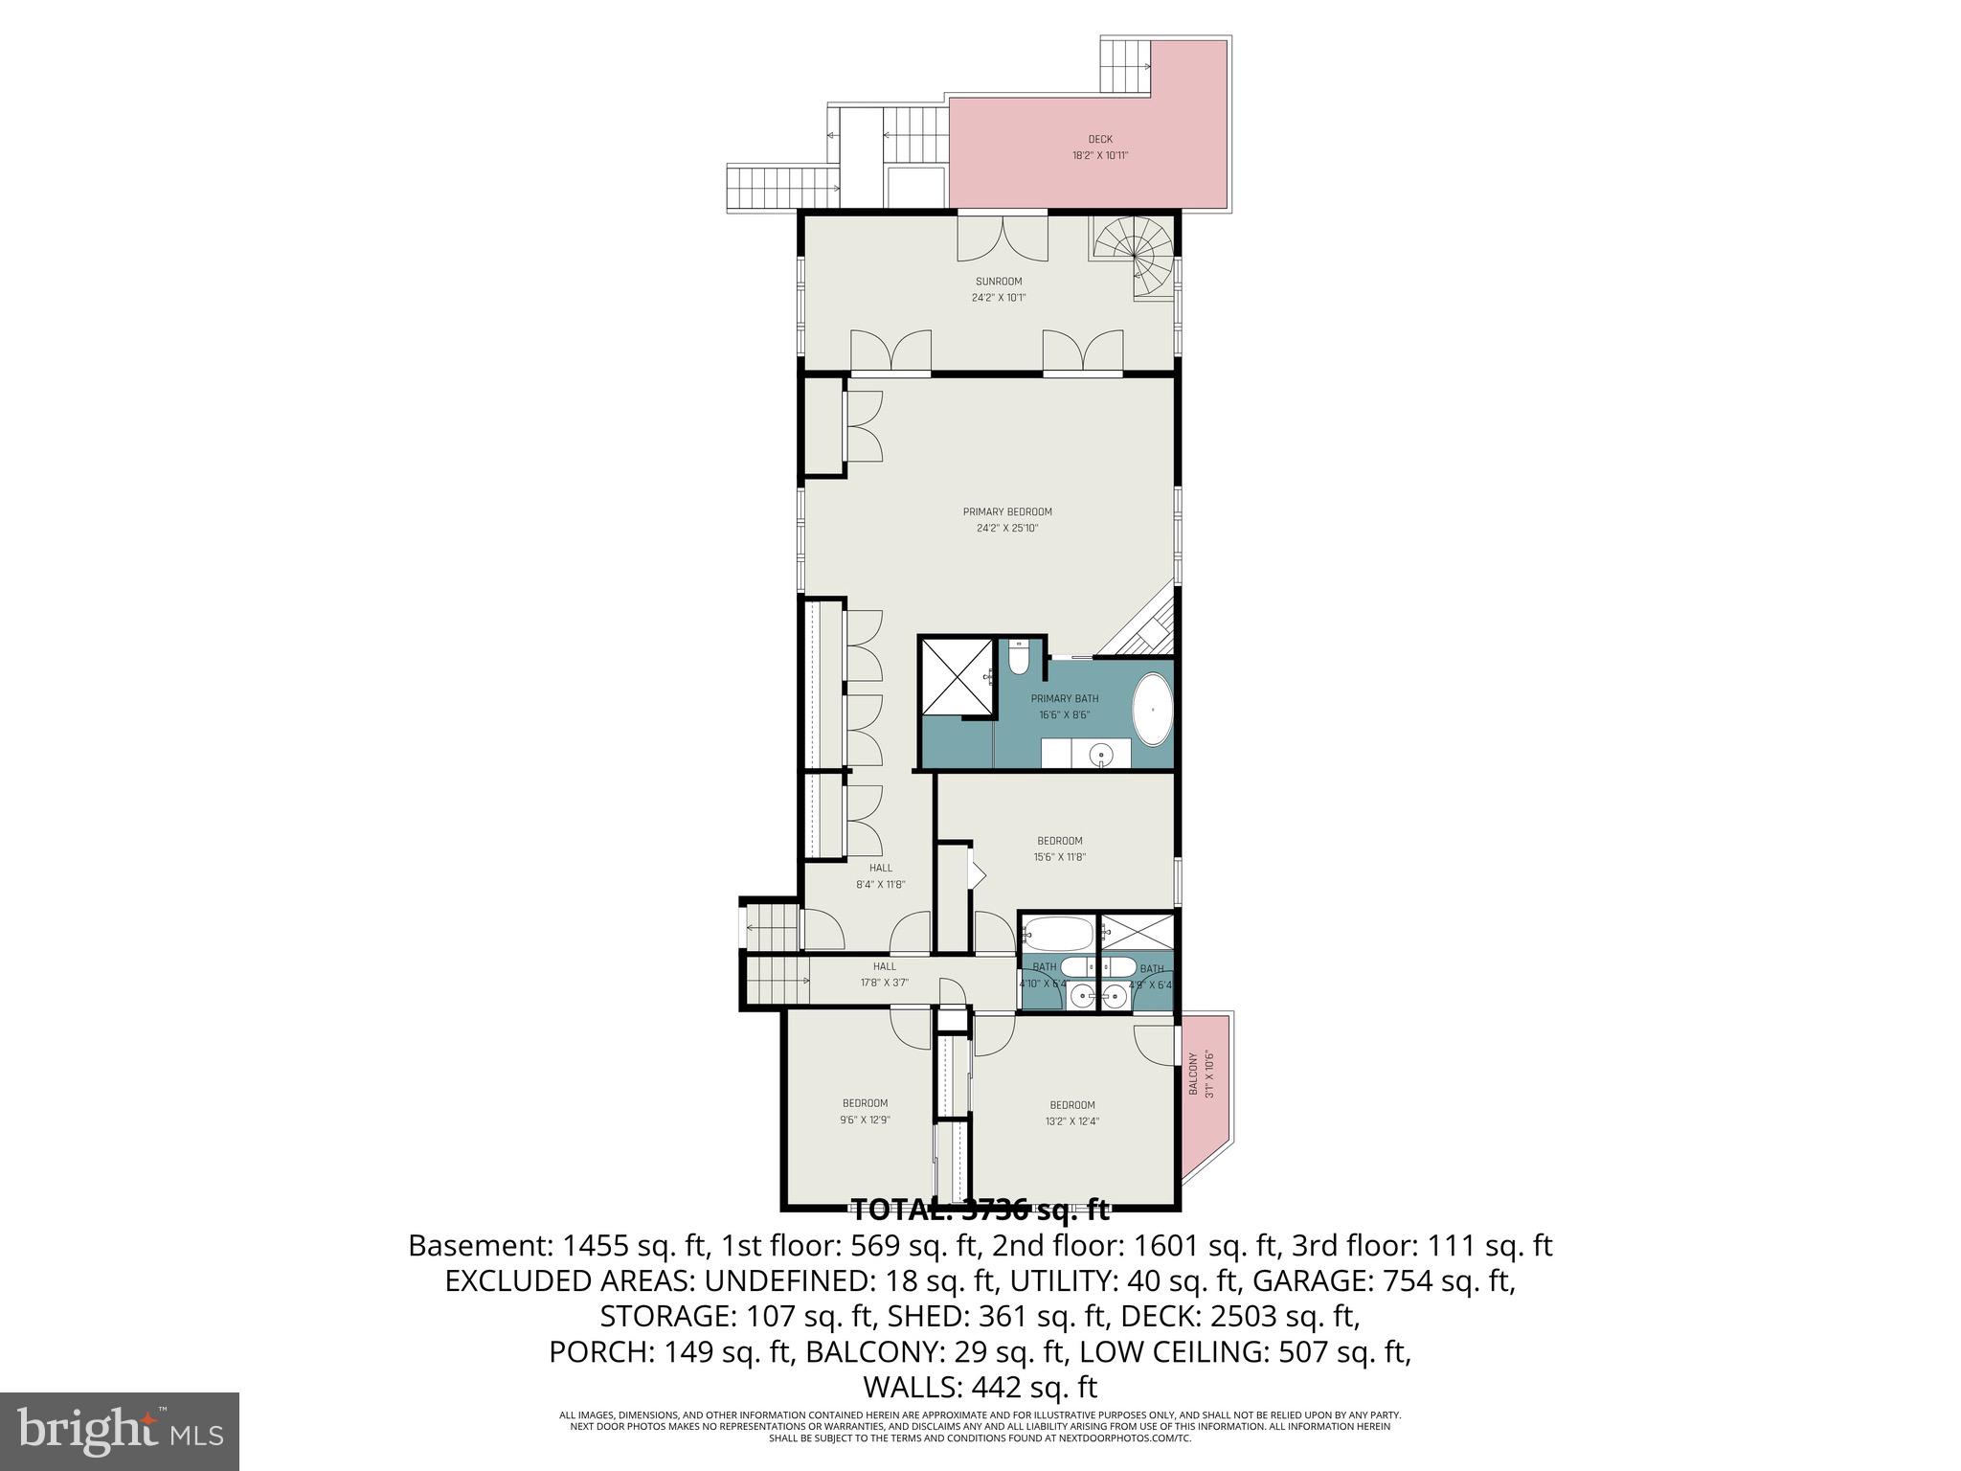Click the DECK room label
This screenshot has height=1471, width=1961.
[x=1100, y=139]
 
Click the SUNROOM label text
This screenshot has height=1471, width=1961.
[x=999, y=282]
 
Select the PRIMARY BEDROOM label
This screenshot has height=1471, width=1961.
[x=1007, y=511]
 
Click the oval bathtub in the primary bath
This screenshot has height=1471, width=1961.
[x=1153, y=710]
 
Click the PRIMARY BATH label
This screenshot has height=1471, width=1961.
[x=1065, y=698]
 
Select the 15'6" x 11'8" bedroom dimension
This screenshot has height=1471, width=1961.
[x=1059, y=858]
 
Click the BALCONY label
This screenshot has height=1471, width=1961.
[x=1193, y=1075]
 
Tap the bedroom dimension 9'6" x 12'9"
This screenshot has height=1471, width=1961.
[x=865, y=1120]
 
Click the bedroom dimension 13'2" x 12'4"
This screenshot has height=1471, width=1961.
[x=1071, y=1120]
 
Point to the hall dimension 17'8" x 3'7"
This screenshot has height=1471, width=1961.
[x=884, y=983]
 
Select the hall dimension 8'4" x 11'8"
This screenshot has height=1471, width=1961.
[x=880, y=885]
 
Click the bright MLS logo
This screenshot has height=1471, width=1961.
[x=120, y=1432]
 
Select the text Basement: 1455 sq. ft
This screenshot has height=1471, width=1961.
[x=557, y=1246]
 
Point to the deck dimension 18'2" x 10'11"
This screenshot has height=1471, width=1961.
[x=1100, y=155]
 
